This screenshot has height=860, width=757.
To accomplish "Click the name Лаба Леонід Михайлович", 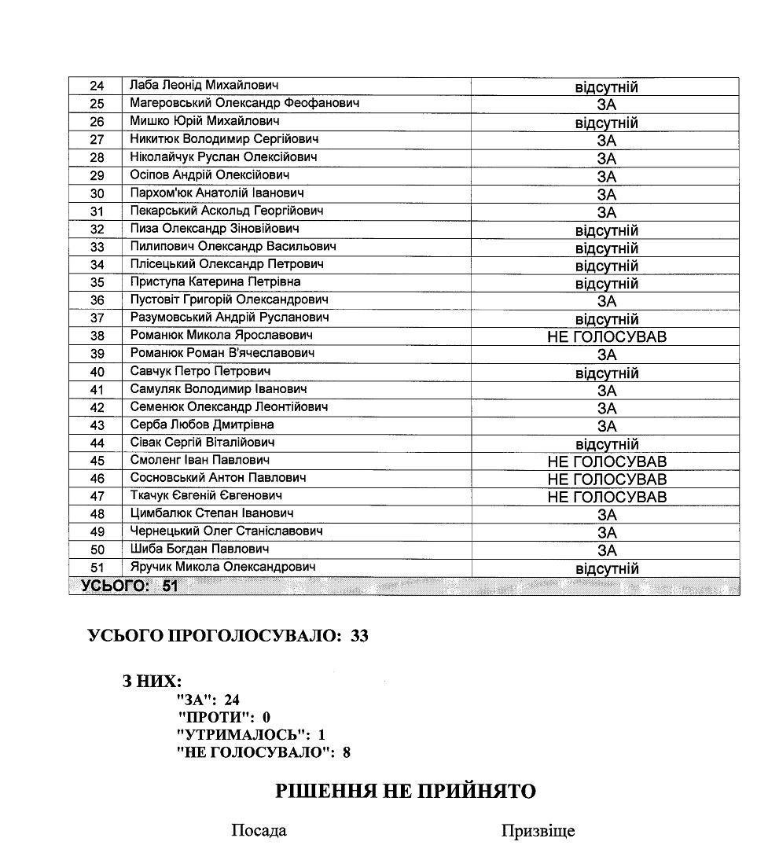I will point(204,85).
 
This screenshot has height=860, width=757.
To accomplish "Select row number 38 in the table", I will point(97,336).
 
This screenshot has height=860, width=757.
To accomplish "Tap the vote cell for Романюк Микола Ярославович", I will point(606,336).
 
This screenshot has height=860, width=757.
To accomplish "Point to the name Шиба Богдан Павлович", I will point(200,549).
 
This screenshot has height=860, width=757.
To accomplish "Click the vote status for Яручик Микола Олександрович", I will point(606,568).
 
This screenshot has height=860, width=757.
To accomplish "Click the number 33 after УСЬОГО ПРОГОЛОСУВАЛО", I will point(359,636).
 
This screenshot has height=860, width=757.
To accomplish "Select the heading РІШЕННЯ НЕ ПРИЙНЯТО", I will point(405,791).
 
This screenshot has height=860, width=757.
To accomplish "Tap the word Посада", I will point(259,830).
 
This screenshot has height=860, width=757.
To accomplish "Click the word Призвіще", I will point(538,831).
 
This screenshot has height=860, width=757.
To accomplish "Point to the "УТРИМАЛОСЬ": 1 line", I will point(251,735).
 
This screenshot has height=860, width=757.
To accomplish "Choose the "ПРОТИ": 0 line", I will point(224,717).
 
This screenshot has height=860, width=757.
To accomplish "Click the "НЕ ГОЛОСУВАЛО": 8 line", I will point(263,753).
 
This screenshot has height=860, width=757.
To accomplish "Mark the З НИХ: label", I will point(152,682).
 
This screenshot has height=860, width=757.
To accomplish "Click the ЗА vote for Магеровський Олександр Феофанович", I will point(606,105).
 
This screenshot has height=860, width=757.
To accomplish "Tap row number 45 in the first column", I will point(97,461).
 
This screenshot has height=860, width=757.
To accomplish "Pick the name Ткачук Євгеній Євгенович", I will point(206,495).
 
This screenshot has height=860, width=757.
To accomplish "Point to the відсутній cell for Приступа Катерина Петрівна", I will point(606,283).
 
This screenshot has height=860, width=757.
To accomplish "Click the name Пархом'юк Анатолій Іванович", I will point(217,193).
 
